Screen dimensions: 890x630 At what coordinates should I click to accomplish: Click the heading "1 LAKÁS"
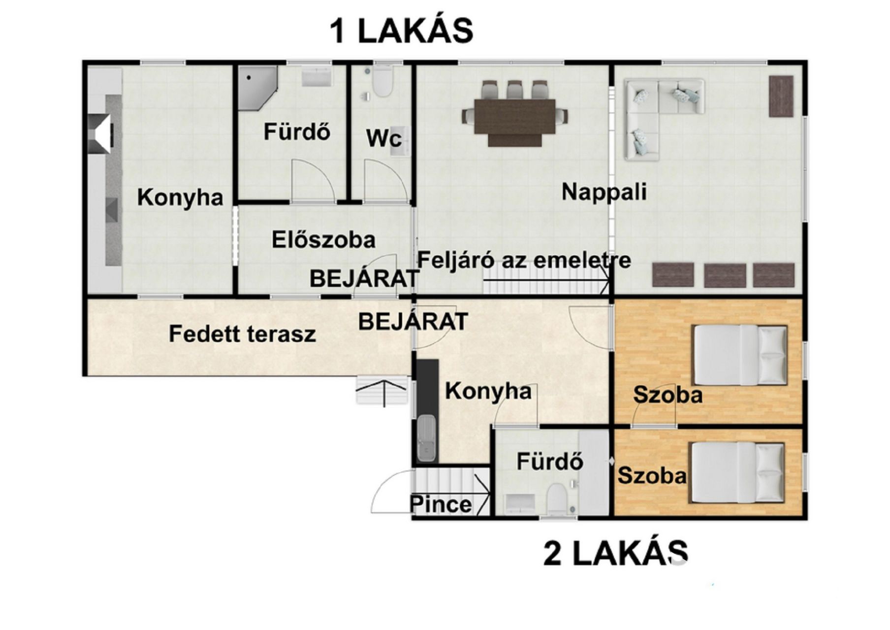[401, 31]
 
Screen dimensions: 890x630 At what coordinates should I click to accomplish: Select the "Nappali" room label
[604, 191]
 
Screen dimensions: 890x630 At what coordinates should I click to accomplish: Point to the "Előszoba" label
[323, 240]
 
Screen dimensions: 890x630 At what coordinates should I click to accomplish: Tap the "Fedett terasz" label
[242, 334]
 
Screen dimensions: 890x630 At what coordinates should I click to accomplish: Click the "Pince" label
[441, 504]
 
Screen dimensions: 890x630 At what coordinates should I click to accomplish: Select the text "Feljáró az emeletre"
[524, 259]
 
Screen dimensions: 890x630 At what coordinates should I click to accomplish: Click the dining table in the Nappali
[515, 117]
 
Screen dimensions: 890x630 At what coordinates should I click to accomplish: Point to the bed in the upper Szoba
[740, 355]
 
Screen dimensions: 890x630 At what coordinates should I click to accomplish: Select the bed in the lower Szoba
[737, 472]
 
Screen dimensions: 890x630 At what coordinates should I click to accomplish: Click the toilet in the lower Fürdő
[557, 499]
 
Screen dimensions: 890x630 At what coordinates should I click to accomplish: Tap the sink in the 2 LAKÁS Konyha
[426, 438]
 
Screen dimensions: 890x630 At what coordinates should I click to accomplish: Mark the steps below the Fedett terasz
[382, 390]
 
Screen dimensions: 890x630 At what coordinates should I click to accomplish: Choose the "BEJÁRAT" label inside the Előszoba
[364, 279]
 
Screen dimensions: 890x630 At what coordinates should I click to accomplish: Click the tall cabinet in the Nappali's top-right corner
[781, 96]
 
